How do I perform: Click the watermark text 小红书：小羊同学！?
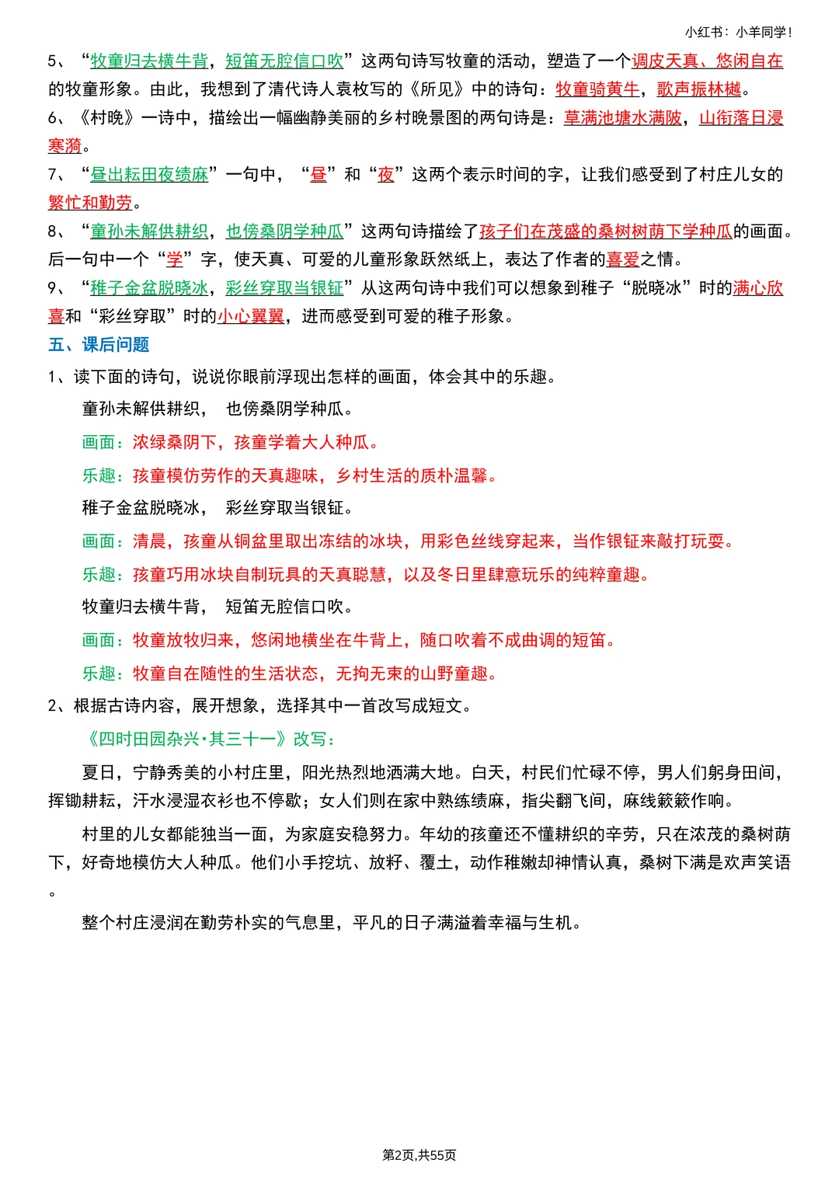(738, 32)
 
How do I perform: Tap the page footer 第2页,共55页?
(419, 1155)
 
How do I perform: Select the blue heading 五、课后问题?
(99, 344)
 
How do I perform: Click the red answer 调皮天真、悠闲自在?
(707, 61)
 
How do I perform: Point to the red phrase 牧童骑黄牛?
(597, 89)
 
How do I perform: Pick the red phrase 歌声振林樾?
(699, 89)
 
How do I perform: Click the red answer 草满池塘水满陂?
(623, 117)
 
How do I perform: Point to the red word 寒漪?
(64, 146)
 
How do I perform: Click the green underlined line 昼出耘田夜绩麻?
(149, 174)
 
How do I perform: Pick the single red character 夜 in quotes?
(386, 174)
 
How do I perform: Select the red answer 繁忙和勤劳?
(90, 203)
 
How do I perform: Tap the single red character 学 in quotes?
(175, 259)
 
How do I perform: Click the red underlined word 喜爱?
(623, 259)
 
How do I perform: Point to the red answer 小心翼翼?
(251, 316)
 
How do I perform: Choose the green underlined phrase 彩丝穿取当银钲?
(284, 288)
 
